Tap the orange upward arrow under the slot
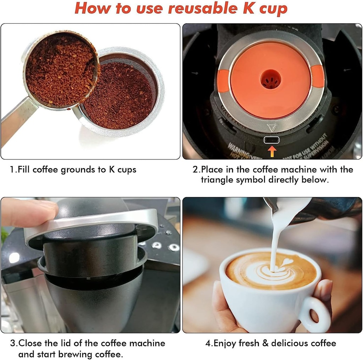[272, 151]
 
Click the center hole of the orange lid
[271, 79]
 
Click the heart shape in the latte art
[286, 263]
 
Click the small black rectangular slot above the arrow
[272, 140]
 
